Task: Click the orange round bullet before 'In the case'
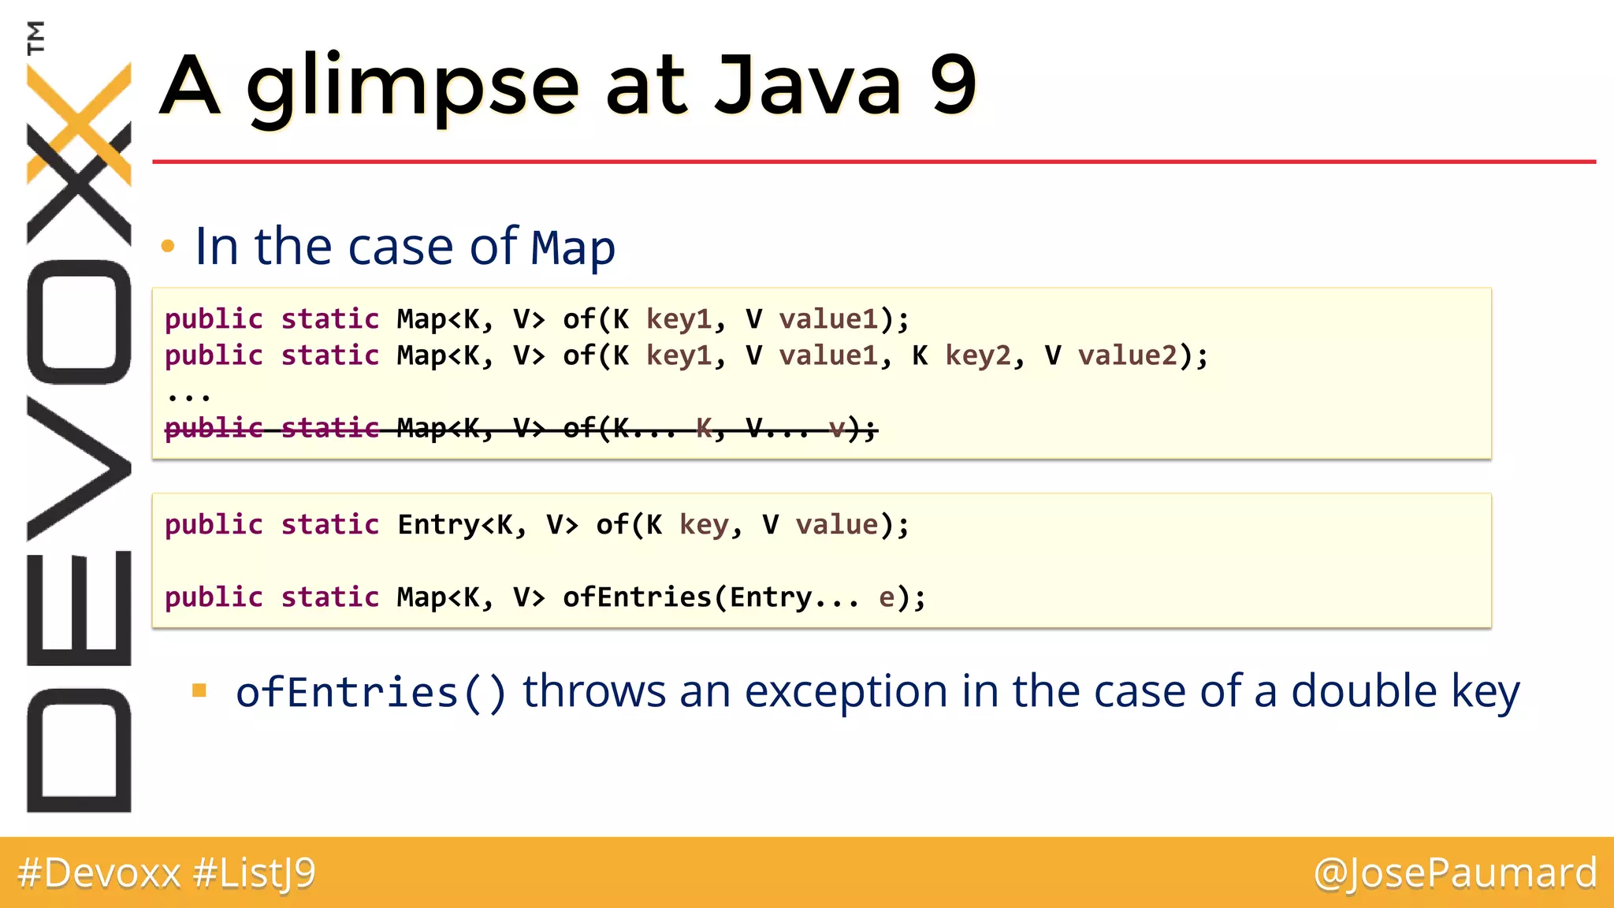tap(167, 247)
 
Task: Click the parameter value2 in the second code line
tap(1127, 355)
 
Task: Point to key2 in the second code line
tap(977, 355)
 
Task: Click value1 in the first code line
tap(827, 319)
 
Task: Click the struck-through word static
tap(329, 428)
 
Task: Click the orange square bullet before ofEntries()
tap(199, 691)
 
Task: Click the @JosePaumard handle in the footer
tap(1455, 873)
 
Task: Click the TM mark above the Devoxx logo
tap(35, 37)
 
